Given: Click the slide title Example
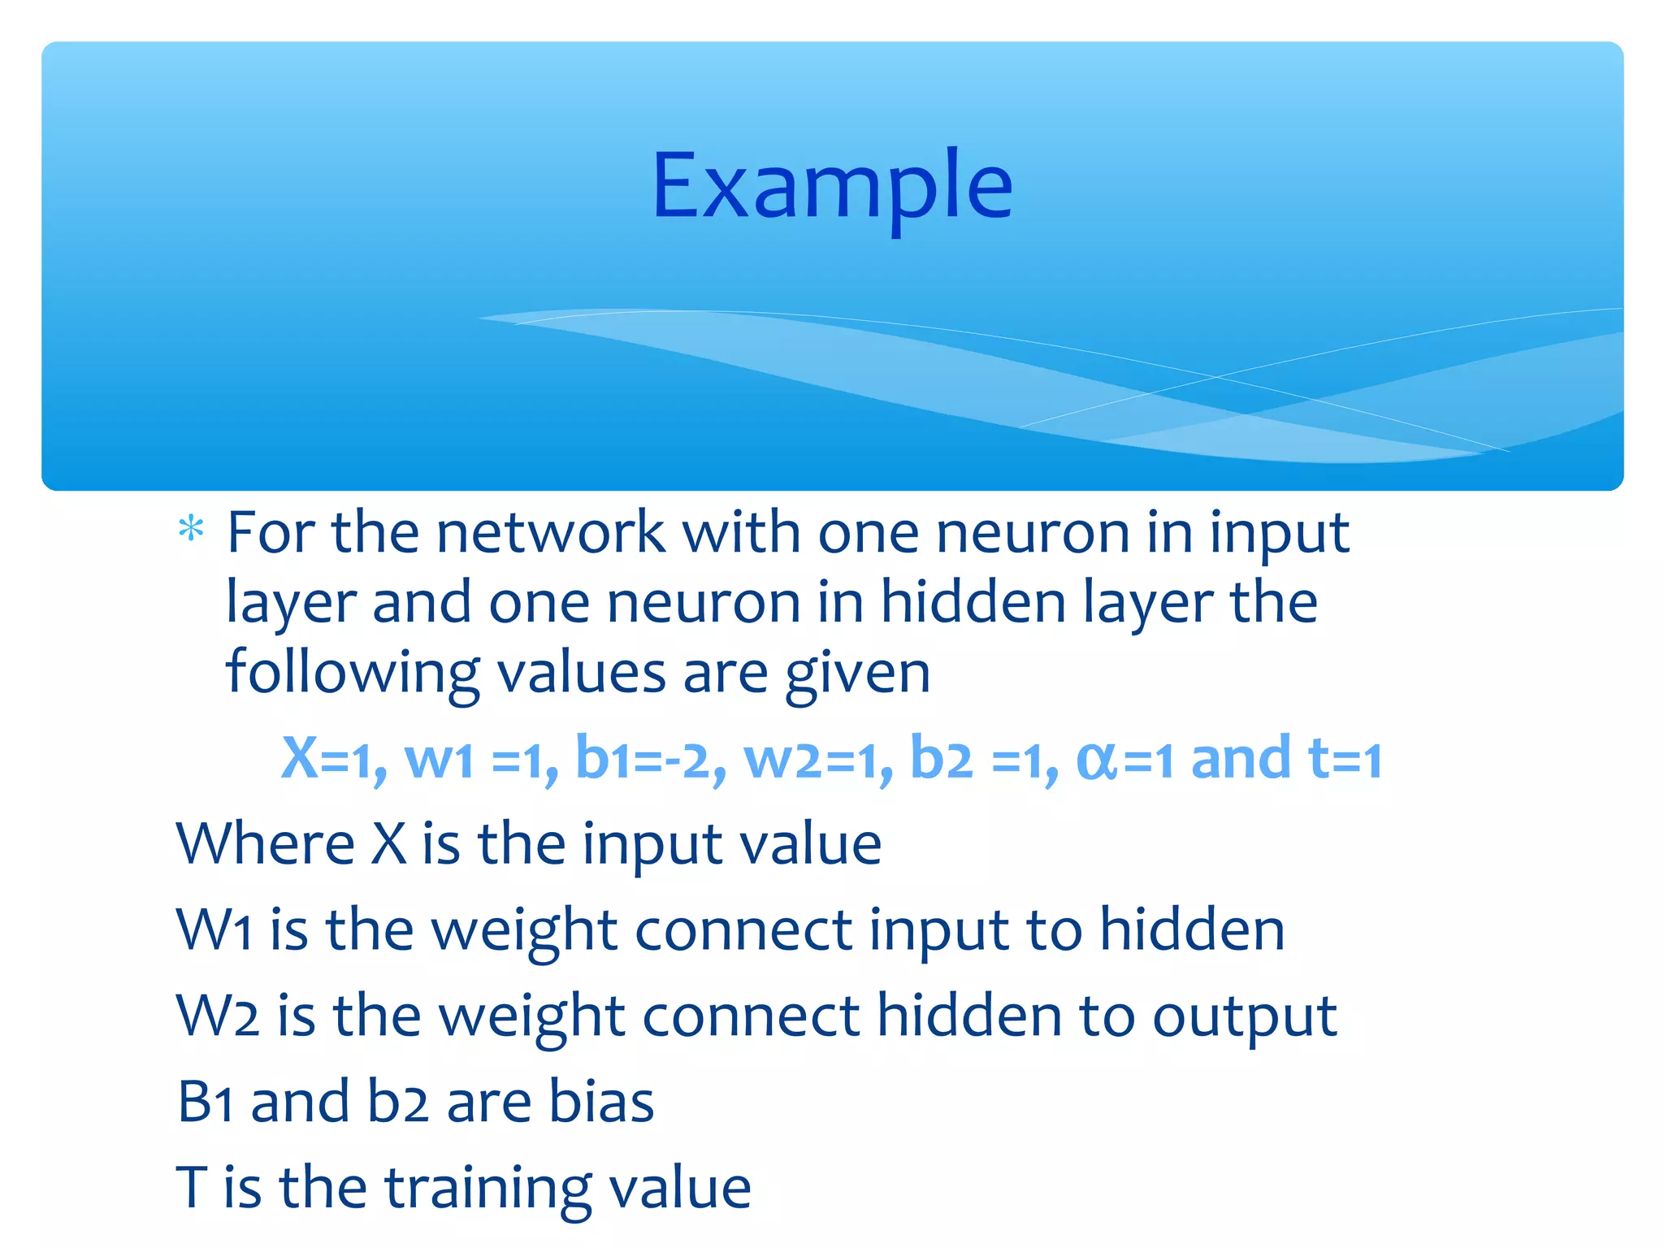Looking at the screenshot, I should [832, 187].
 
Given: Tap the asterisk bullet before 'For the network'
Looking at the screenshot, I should [191, 530].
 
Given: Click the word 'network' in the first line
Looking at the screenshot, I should [550, 533].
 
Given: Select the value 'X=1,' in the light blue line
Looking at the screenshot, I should [334, 759].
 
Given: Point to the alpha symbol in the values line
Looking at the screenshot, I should [1096, 762].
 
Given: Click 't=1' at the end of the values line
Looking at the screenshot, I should [1345, 759].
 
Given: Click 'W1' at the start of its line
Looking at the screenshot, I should [214, 929].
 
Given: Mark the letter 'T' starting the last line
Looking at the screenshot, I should [192, 1188].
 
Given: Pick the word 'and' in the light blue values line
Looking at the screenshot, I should [1240, 759].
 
